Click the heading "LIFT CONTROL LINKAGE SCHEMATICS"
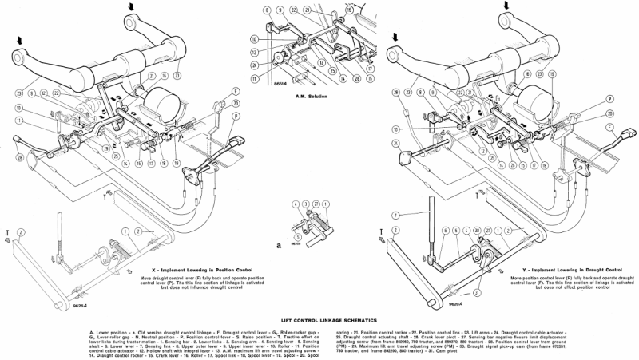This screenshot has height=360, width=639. [319, 317]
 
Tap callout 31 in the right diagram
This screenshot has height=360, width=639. [476, 293]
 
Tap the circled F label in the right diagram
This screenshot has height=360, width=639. [609, 127]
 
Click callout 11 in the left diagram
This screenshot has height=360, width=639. [18, 121]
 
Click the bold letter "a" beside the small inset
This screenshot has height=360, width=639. [279, 246]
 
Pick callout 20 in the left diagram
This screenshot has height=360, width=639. [236, 104]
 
